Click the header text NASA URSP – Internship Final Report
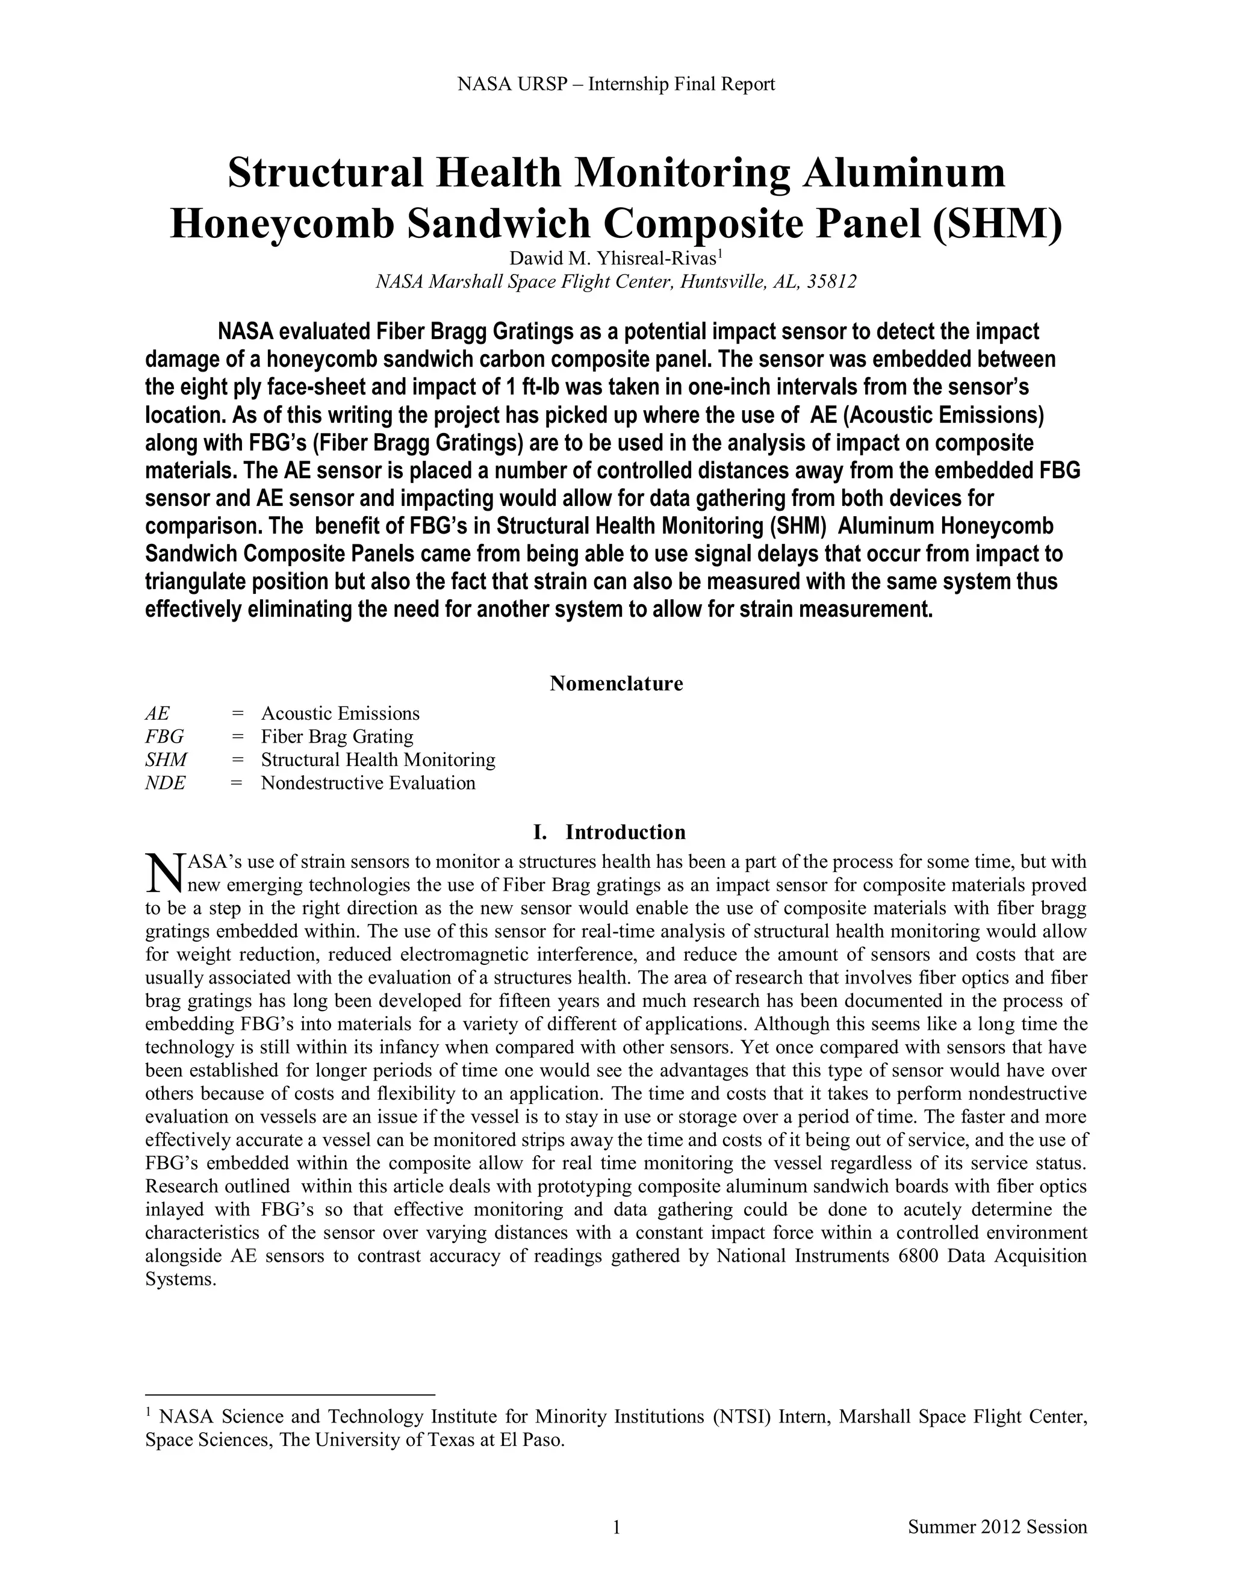pos(616,85)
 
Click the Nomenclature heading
pos(616,684)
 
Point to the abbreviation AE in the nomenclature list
pos(157,713)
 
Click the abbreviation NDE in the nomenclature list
pos(165,784)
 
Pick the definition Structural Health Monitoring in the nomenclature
pos(377,760)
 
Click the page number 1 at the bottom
pos(616,1527)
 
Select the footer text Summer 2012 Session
pos(997,1527)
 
